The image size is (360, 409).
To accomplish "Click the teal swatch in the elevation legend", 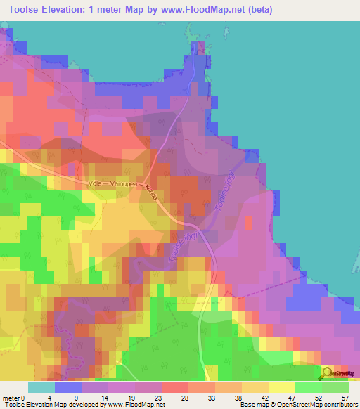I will coord(41,387).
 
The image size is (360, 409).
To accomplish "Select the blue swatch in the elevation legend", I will coord(68,387).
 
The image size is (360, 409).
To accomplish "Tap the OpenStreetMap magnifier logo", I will coord(327,373).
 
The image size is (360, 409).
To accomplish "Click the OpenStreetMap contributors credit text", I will coord(321,405).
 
